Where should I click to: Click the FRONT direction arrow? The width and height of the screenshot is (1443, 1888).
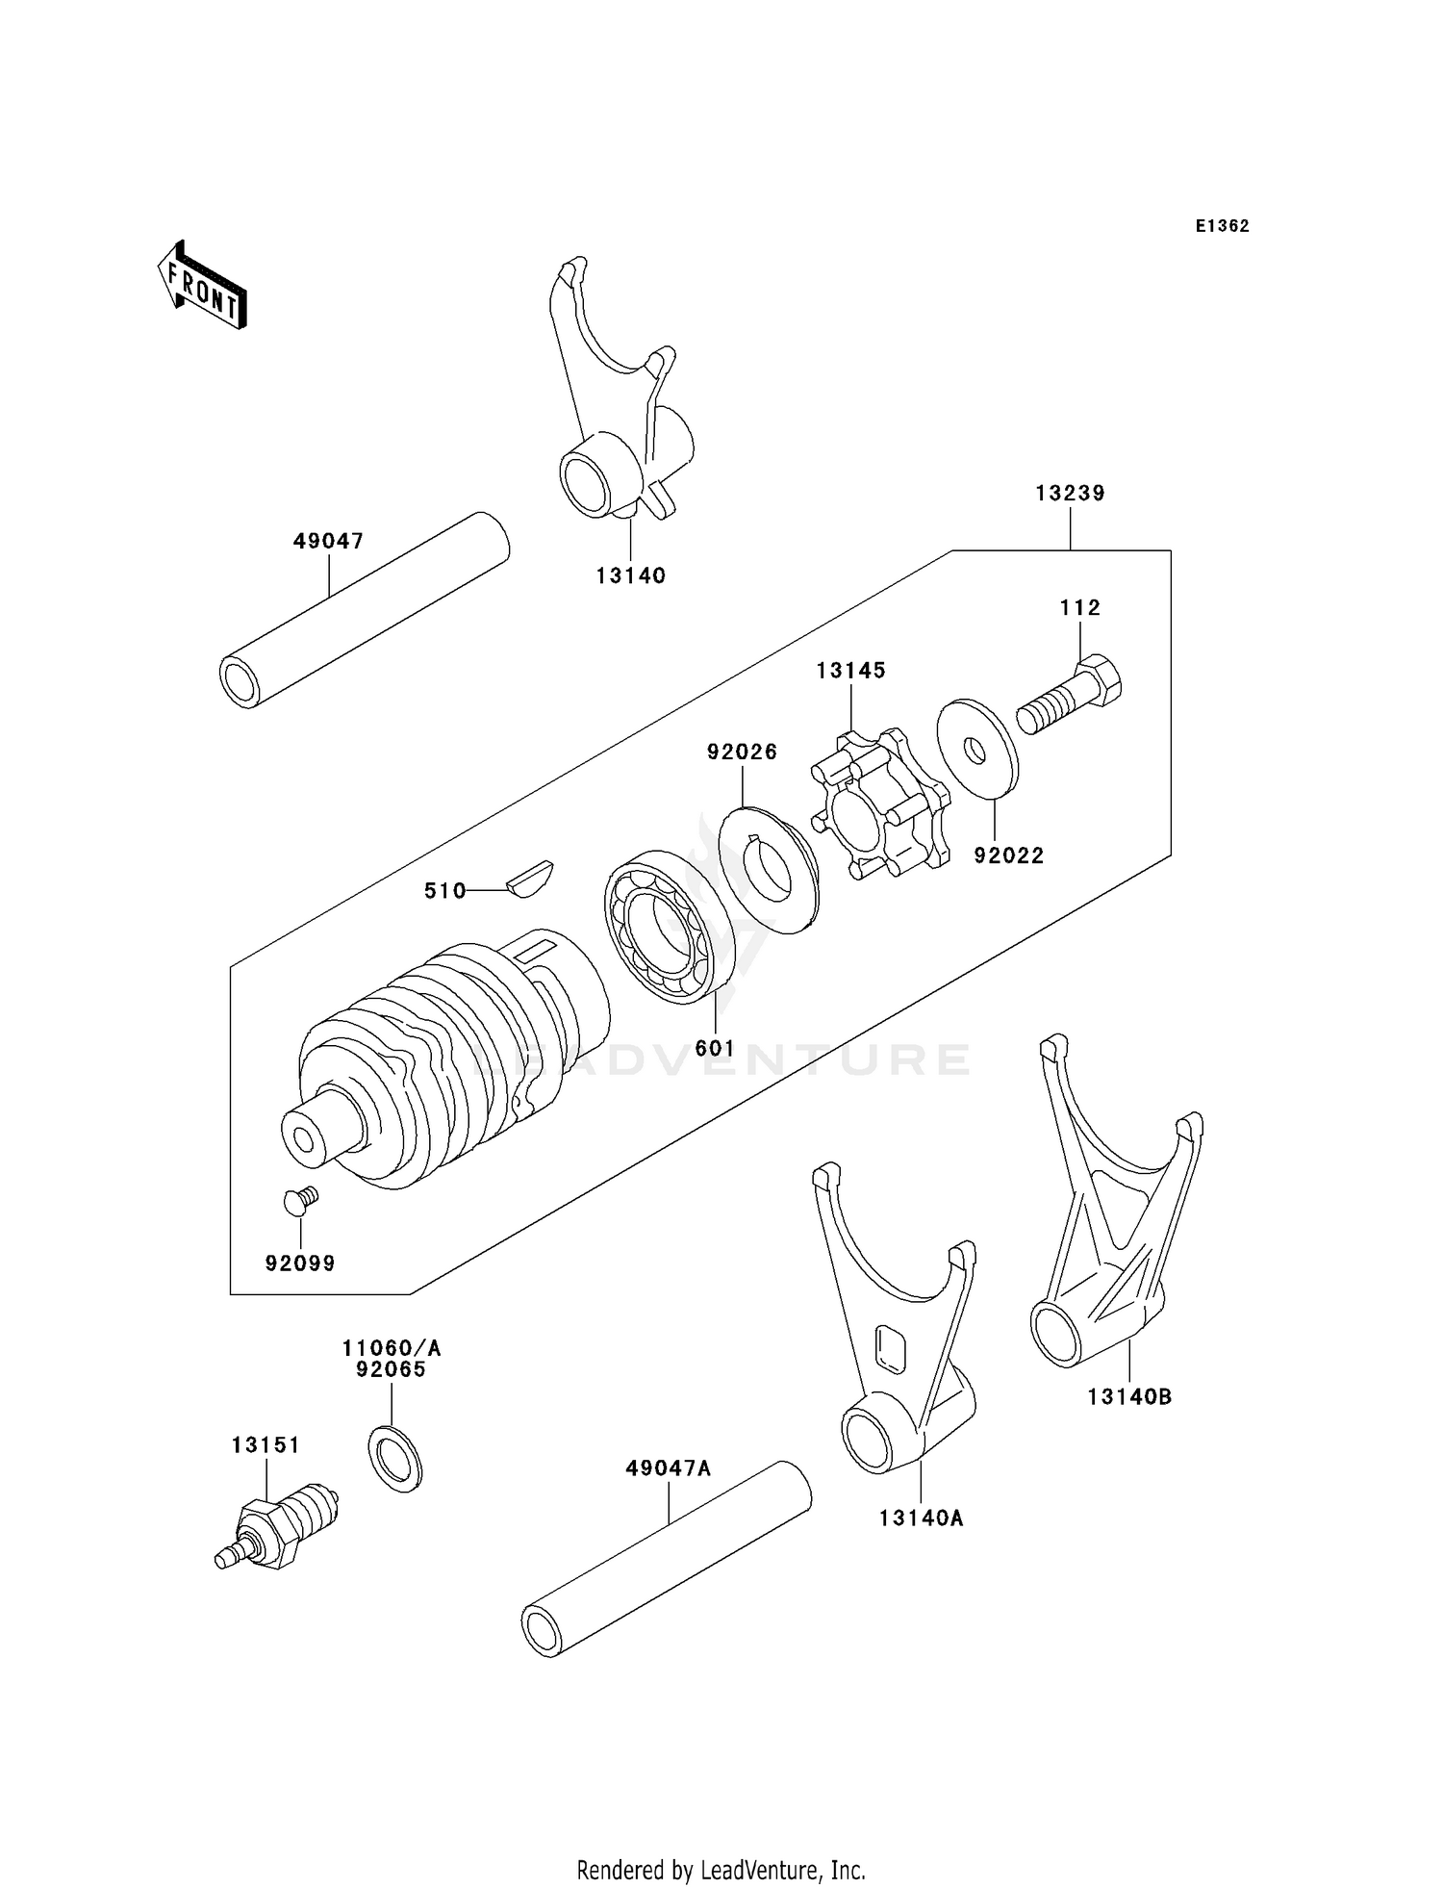coord(202,286)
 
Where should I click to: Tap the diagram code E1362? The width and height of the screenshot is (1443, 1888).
coord(1222,226)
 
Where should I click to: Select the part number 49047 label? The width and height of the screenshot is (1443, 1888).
coord(329,541)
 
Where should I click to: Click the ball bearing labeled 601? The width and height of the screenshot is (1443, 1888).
coord(670,928)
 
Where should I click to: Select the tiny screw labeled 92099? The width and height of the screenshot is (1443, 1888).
coord(300,1199)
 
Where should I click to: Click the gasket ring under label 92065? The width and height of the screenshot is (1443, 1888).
coord(394,1459)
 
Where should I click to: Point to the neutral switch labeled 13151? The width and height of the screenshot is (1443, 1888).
coord(279,1526)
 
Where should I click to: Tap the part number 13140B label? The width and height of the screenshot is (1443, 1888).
coord(1129,1396)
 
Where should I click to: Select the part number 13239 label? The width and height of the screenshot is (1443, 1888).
coord(1070,493)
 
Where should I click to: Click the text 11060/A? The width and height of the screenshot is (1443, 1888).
coord(391,1347)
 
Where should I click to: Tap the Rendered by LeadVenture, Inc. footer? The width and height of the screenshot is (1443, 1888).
coord(721,1869)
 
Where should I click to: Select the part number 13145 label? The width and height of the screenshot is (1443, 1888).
coord(850,670)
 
